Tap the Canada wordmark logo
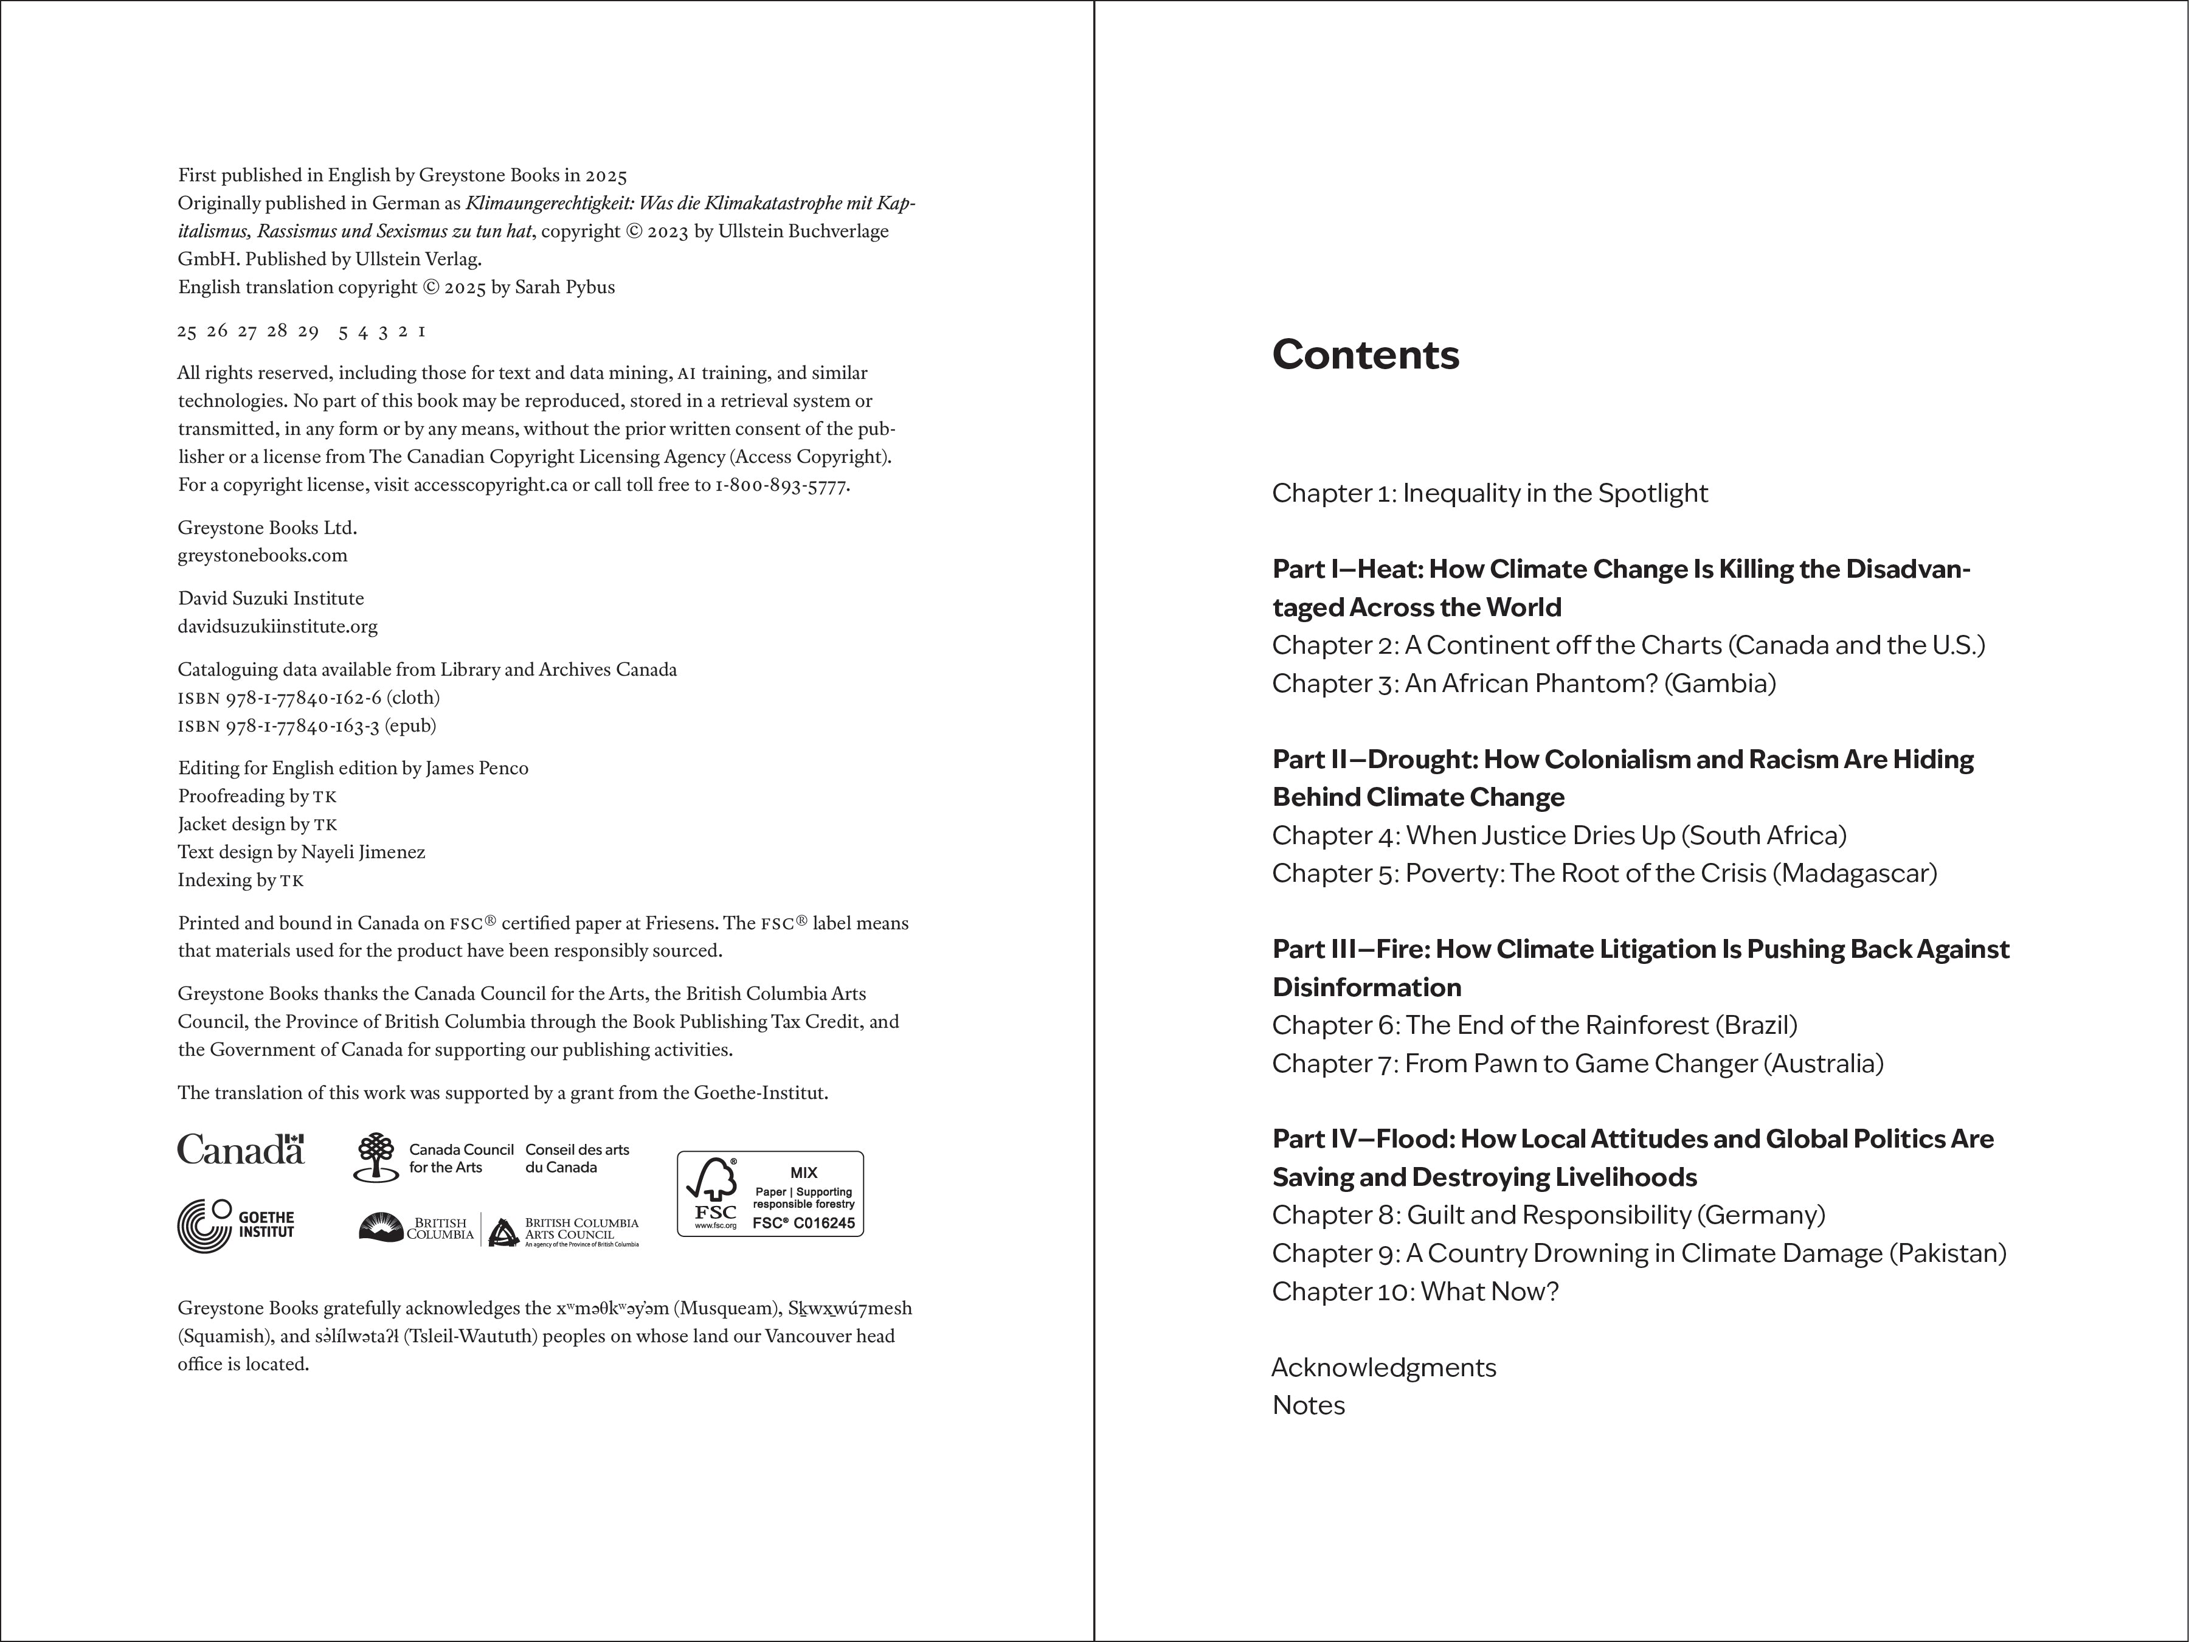240,1149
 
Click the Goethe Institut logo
235,1225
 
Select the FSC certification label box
770,1194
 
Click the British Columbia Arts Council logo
564,1230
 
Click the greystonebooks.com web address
262,555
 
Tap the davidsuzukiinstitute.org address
277,626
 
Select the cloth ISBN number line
309,698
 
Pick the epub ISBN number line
307,726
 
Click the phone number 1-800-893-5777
782,485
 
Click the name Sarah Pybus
564,287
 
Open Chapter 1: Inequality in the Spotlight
1489,493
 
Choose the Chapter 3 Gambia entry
1524,683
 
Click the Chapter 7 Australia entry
1577,1063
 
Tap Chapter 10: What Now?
1415,1292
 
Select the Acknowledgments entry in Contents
1383,1367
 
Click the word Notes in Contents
1309,1405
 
